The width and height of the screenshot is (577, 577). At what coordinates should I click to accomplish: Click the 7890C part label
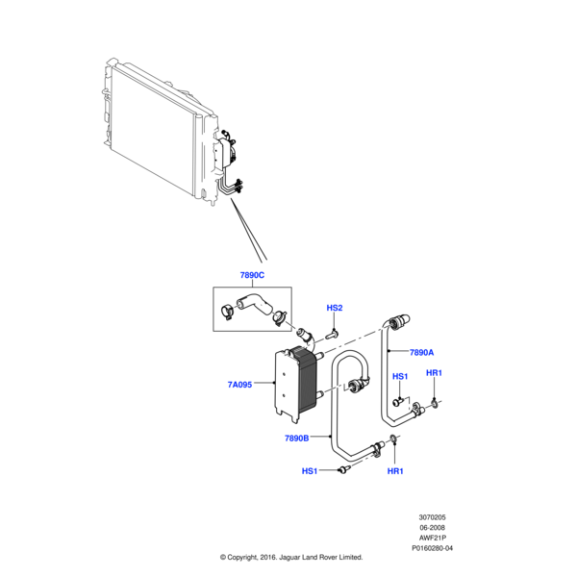252,276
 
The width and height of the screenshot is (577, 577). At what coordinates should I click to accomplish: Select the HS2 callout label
335,308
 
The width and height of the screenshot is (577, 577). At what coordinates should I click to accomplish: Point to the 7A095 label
239,385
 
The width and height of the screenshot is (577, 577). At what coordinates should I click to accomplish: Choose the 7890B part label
296,439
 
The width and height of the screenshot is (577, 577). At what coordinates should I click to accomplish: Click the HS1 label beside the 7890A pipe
400,376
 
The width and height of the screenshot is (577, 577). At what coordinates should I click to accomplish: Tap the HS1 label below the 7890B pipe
310,471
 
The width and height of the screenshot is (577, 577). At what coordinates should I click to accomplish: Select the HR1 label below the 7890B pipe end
395,471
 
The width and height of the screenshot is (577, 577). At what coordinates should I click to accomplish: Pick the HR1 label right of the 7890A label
434,373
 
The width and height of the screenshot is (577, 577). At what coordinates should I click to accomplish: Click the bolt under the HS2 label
334,333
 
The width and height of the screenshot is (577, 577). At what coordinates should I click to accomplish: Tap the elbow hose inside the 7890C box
255,307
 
